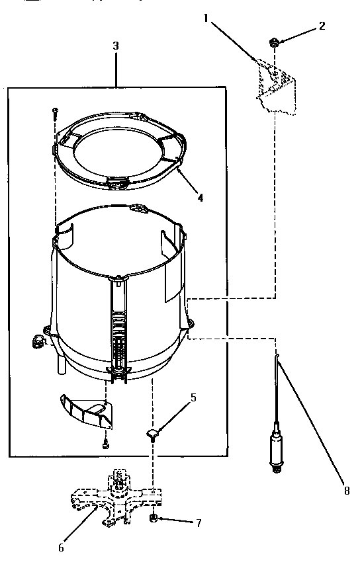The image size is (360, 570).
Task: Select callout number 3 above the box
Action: pyautogui.click(x=116, y=46)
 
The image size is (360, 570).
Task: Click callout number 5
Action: pyautogui.click(x=193, y=397)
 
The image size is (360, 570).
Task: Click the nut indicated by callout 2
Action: pyautogui.click(x=273, y=44)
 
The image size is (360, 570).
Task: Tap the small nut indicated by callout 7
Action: pyautogui.click(x=154, y=518)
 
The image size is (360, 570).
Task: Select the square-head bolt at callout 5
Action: pyautogui.click(x=153, y=434)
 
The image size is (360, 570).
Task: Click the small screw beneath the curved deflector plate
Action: pyautogui.click(x=105, y=446)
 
